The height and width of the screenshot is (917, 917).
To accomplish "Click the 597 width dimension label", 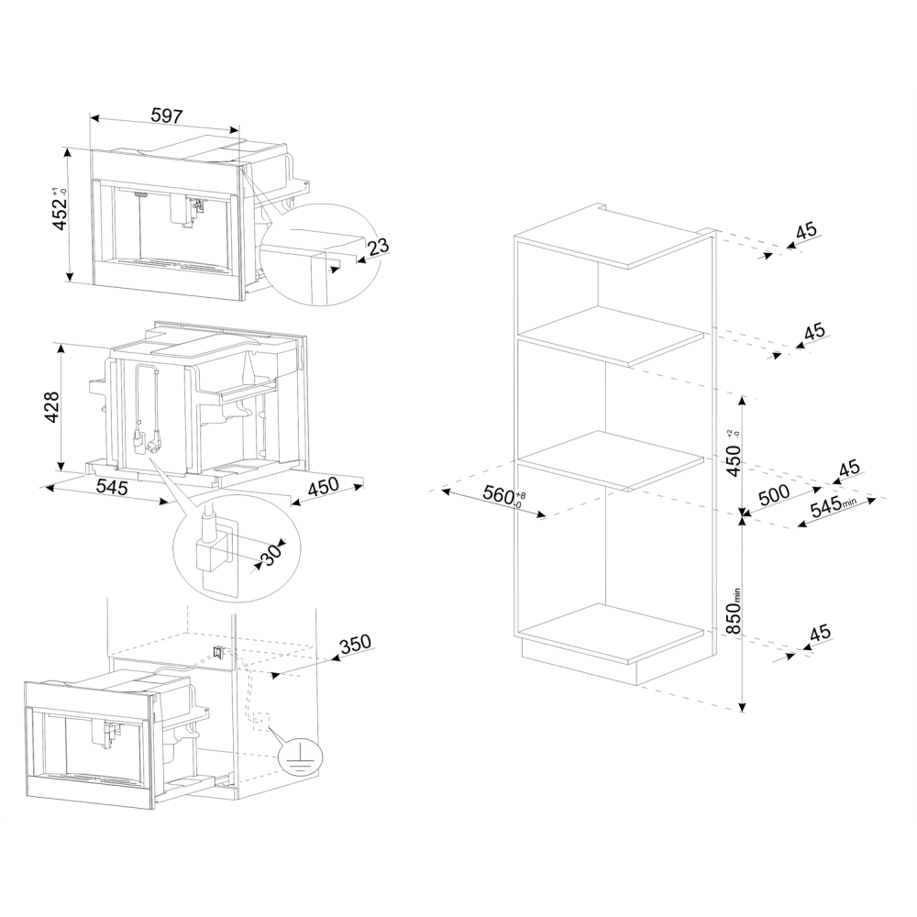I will point(168,116).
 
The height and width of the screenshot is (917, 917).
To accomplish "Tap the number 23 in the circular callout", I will point(377,247).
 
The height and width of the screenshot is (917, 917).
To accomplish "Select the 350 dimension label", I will point(354,643).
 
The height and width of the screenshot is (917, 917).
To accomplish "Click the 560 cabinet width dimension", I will point(501,496).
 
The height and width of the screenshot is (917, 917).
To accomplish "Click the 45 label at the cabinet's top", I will point(806,231).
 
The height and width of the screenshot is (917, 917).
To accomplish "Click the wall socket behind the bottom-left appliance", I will point(219,652).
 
